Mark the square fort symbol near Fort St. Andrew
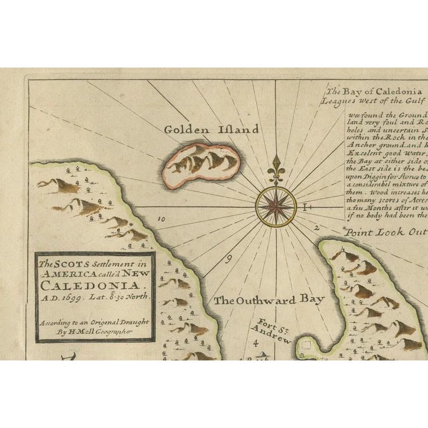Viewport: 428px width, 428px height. pos(306,348)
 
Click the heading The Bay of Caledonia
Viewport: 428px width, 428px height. pos(376,91)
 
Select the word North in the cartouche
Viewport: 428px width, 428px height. pos(136,295)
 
